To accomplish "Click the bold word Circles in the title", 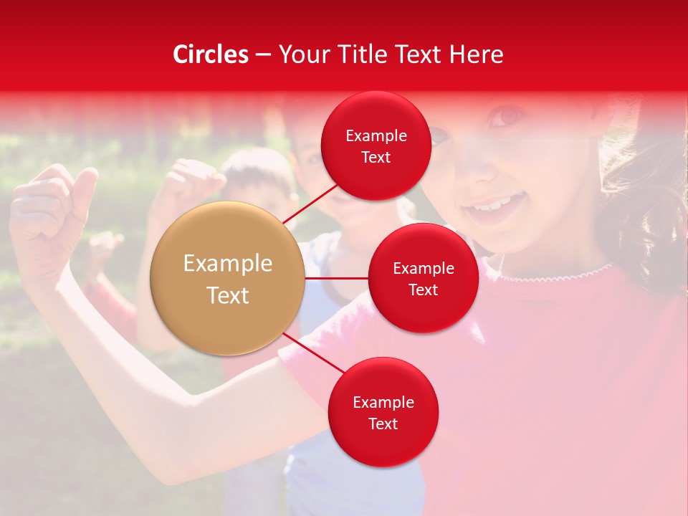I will pyautogui.click(x=210, y=54).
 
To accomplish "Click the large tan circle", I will pyautogui.click(x=228, y=278).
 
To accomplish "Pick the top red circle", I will pyautogui.click(x=376, y=146).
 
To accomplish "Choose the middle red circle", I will pyautogui.click(x=423, y=279).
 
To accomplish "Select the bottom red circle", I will pyautogui.click(x=383, y=412).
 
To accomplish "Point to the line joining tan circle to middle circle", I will pyautogui.click(x=336, y=278).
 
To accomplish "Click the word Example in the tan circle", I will pyautogui.click(x=228, y=264).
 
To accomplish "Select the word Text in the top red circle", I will pyautogui.click(x=376, y=158).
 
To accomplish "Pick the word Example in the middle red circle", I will pyautogui.click(x=423, y=268).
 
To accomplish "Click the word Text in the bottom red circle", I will pyautogui.click(x=383, y=424).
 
